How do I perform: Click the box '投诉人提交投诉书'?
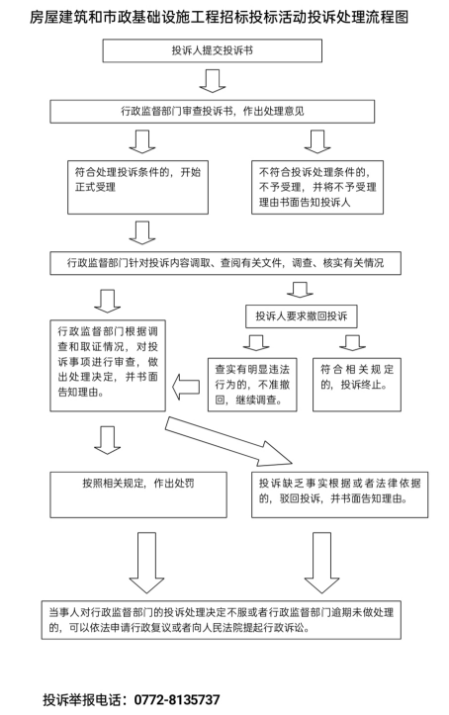[212, 50]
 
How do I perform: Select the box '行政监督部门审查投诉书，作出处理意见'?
[212, 112]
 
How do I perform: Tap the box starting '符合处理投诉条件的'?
[137, 187]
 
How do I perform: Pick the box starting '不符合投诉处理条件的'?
[317, 187]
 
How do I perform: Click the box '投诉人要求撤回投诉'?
[301, 316]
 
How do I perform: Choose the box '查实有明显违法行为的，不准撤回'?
[252, 385]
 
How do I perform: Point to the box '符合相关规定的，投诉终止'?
[356, 385]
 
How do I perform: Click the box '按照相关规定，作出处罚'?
[138, 494]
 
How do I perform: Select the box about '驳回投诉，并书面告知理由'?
[339, 494]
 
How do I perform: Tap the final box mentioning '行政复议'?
[222, 620]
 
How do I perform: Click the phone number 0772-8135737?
[177, 699]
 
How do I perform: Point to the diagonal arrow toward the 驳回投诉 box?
[228, 442]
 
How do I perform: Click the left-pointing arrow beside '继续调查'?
[186, 387]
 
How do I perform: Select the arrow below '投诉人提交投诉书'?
[213, 81]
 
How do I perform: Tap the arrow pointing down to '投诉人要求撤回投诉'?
[300, 290]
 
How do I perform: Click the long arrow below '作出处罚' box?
[146, 563]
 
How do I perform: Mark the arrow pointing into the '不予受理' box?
[317, 141]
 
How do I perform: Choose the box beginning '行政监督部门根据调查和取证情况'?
[108, 365]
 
